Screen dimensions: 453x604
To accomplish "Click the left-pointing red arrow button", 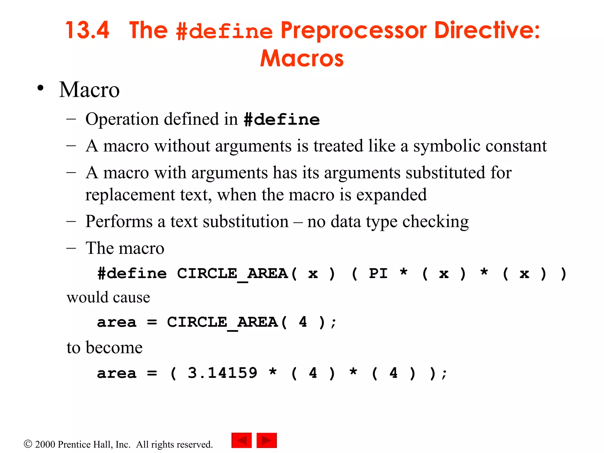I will pos(242,440).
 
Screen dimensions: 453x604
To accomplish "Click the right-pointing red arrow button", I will pos(267,440).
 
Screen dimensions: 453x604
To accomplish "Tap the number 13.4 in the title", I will pos(87,30).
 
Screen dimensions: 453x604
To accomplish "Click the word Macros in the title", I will pos(302,58).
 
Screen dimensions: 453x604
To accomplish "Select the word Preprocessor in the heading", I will pos(353,31).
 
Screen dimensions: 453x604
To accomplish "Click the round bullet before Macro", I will pos(41,88).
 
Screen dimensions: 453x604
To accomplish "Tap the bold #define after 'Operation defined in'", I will pos(282,120).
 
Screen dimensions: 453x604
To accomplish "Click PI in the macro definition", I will pos(378,273).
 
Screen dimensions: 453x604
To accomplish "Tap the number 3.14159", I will pos(222,373).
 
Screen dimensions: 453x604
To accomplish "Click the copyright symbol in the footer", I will pos(28,444).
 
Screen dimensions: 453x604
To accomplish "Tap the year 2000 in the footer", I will pos(45,444).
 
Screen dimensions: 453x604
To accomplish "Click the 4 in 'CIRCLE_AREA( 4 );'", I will pos(303,322).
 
